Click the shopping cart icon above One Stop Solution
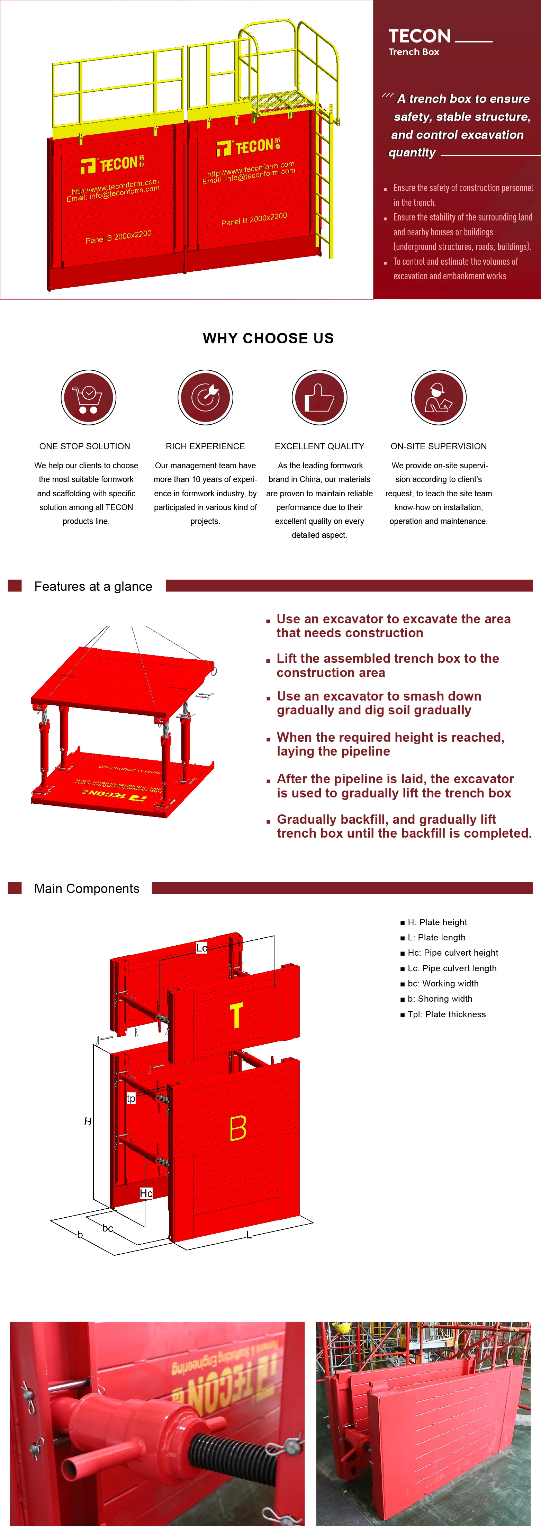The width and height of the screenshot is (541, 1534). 88,397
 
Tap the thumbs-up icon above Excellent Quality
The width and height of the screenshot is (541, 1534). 319,397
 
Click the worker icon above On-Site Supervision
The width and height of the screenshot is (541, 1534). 439,397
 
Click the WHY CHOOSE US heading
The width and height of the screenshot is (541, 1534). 268,338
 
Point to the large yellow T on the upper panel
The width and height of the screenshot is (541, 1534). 236,1015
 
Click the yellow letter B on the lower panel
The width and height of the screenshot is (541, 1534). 238,1128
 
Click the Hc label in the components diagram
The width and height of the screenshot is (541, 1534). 146,1193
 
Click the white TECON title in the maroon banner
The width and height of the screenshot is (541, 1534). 420,36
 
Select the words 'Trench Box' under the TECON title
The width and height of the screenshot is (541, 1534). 414,52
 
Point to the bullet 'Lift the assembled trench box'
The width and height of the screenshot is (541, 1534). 387,665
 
